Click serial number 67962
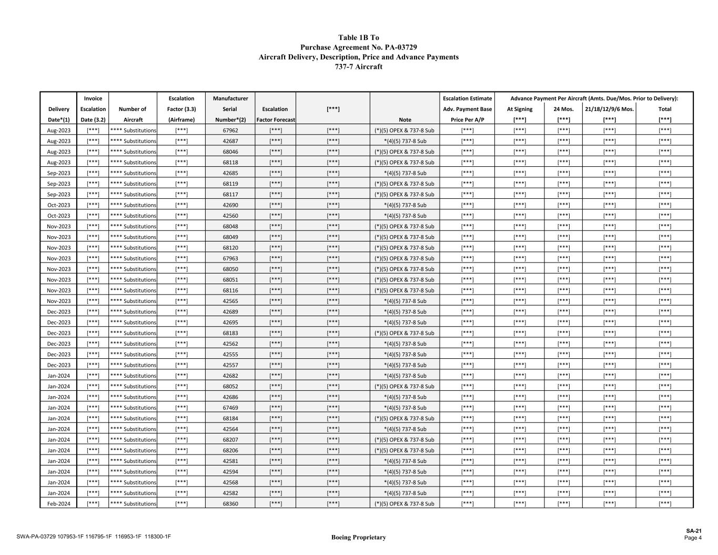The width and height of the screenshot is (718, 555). pos(230,130)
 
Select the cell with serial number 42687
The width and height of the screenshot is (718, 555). pos(230,141)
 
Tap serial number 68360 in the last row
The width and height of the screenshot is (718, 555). pos(230,504)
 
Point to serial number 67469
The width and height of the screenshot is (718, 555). pos(230,408)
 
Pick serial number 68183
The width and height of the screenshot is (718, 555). pos(230,333)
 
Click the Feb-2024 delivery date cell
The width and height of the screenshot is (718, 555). pos(58,504)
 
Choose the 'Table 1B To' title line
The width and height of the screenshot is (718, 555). pos(358,38)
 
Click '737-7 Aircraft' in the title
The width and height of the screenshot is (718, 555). pos(358,67)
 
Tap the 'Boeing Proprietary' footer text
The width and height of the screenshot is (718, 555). pos(358,537)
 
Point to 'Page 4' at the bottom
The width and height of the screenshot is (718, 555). pos(693,538)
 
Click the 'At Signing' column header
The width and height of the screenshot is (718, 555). pos(519,109)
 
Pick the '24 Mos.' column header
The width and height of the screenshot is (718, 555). pos(563,109)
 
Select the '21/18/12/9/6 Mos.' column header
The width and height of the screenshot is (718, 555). pos(609,109)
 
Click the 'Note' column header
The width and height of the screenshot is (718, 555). pos(404,120)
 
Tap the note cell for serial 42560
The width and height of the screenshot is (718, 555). pos(404,216)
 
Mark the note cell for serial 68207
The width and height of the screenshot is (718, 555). pos(404,440)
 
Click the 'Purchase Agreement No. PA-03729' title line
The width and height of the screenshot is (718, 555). pos(358,47)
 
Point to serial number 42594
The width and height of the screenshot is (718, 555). pos(230,472)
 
